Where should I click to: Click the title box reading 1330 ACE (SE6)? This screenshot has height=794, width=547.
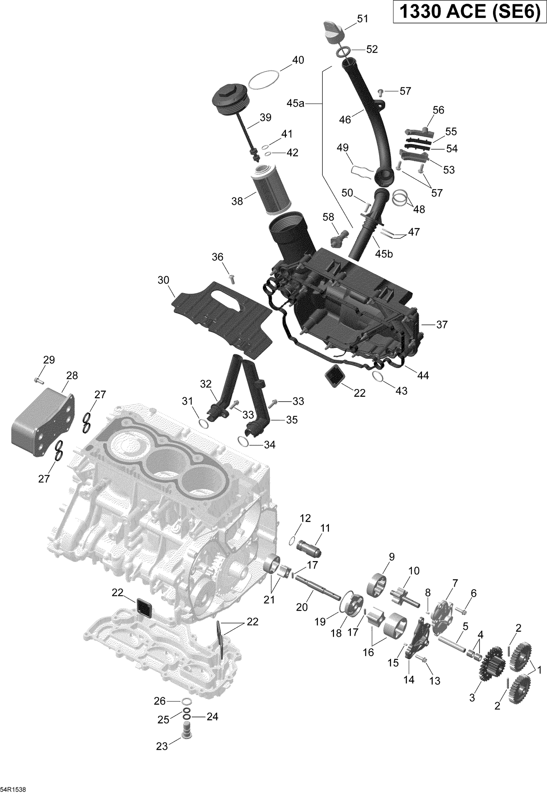click(469, 12)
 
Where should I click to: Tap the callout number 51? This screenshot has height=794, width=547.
click(362, 19)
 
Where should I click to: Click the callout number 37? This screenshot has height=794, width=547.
click(442, 325)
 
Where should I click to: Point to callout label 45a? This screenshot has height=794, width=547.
click(295, 104)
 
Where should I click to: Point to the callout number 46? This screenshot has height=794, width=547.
click(345, 119)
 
